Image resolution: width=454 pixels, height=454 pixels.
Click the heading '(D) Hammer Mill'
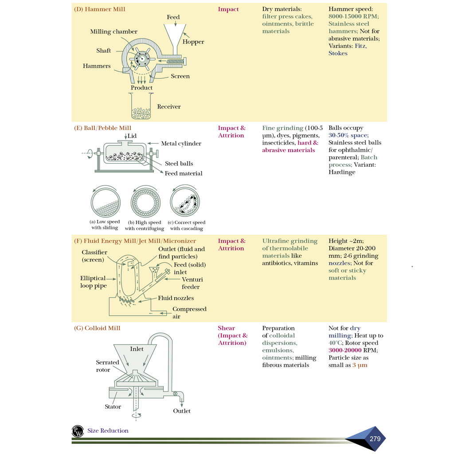[x=99, y=9]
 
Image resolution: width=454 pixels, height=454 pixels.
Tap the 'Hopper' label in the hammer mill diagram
[x=193, y=42]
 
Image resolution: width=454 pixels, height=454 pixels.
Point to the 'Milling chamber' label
[x=113, y=32]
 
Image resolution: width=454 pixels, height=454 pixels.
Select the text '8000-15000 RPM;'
[x=353, y=16]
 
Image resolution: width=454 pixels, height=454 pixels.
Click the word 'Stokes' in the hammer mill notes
[x=338, y=53]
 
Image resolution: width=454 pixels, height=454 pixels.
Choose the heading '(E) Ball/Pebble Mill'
[x=102, y=128]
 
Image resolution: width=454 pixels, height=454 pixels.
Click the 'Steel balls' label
[x=179, y=164]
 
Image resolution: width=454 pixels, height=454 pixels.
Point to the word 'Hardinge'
[x=342, y=172]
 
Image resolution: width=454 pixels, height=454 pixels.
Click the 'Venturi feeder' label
[x=191, y=283]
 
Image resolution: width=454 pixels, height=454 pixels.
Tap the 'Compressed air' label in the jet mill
[x=189, y=313]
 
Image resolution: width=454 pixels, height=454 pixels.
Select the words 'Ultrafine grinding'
[x=290, y=241]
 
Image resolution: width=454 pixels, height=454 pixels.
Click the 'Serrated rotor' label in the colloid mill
[x=107, y=366]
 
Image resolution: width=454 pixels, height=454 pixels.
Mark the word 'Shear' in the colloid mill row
[x=227, y=329]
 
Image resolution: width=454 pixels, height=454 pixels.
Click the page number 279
[x=375, y=439]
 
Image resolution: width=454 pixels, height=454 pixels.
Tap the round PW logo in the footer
[x=78, y=431]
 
